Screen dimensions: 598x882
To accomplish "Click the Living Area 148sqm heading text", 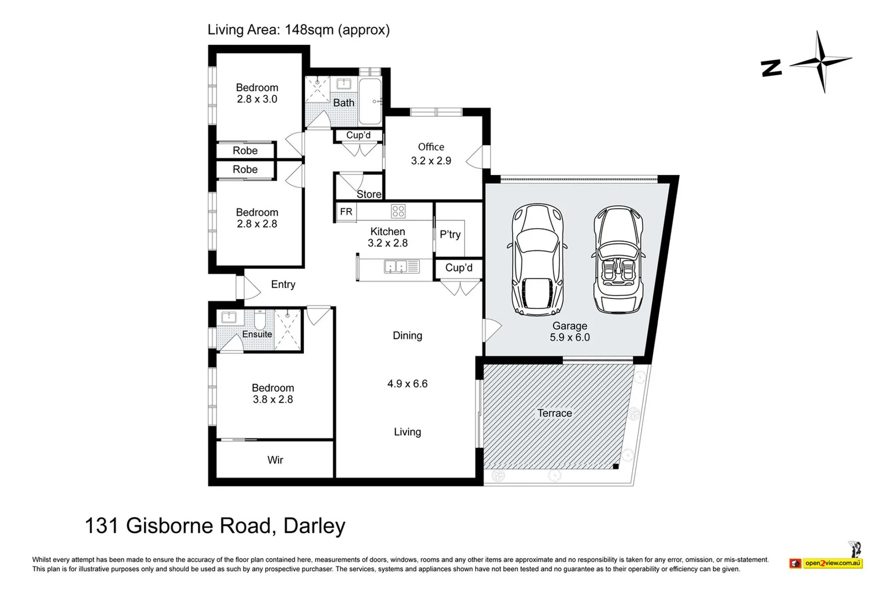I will [x=298, y=29].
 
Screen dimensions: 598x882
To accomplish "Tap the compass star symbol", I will [x=821, y=62].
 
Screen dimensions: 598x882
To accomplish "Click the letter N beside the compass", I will [x=771, y=68].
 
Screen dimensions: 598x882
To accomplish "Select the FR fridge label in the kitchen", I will [x=346, y=212].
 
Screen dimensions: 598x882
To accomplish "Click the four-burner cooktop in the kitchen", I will [x=398, y=211].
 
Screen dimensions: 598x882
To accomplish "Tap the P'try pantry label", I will [x=450, y=234].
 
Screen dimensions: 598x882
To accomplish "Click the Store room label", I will [x=369, y=194].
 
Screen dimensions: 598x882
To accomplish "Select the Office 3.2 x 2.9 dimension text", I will [x=431, y=161].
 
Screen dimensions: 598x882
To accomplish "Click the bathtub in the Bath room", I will [x=370, y=101].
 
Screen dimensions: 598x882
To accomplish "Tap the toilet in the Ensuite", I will [x=260, y=319].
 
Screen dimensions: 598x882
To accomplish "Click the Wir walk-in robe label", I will [x=275, y=460].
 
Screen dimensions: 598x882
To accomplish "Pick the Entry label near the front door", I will [x=283, y=284].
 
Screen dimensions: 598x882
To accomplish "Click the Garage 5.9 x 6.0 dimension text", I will [x=570, y=337].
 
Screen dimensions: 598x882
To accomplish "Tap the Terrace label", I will [x=554, y=413].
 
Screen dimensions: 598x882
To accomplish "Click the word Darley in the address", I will [x=314, y=525].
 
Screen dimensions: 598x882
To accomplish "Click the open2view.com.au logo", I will [x=832, y=563].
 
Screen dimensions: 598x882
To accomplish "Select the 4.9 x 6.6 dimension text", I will [x=408, y=384].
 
